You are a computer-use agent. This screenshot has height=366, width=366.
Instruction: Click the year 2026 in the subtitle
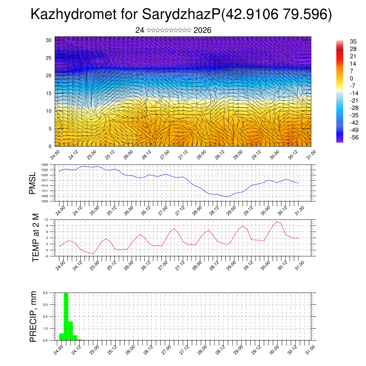point(202,30)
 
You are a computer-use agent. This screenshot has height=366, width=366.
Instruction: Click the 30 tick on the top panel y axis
point(49,40)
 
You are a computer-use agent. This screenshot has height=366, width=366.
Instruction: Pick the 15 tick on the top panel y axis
point(49,93)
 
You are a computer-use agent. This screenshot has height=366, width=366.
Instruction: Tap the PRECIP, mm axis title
point(33,316)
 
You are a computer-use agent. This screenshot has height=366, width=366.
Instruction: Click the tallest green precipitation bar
point(66,316)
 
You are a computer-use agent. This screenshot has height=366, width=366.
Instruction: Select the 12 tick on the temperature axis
point(46,219)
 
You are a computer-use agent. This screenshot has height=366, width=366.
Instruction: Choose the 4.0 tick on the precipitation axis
point(45,293)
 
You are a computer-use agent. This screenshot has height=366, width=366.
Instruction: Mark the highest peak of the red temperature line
point(277,221)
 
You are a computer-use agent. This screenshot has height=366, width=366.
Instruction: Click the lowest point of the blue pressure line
point(226,197)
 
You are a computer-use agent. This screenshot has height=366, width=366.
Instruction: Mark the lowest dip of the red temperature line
point(93,254)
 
